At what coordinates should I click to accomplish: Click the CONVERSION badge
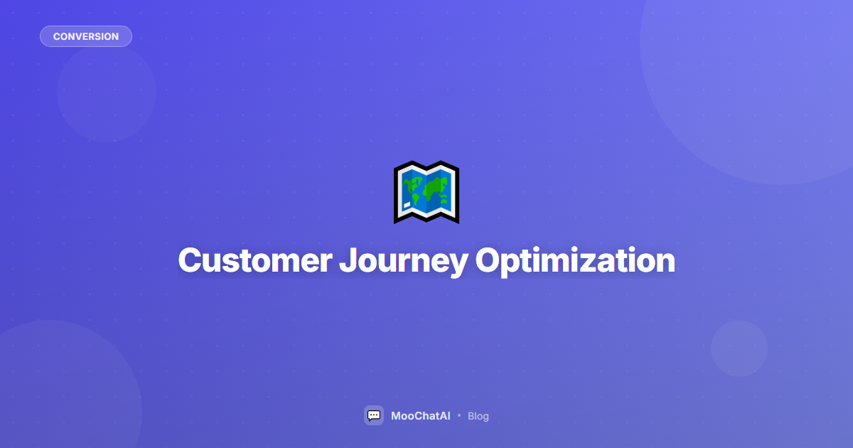(x=86, y=36)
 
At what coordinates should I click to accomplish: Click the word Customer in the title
(x=254, y=260)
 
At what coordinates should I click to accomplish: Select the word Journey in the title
(x=403, y=262)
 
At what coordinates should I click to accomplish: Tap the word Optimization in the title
(x=575, y=262)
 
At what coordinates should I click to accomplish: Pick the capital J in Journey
(x=346, y=260)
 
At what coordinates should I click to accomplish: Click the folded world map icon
(x=426, y=192)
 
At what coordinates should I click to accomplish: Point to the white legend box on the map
(x=407, y=206)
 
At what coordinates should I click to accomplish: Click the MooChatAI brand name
(x=421, y=416)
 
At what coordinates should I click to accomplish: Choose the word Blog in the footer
(x=478, y=416)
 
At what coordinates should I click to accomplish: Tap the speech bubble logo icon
(x=374, y=415)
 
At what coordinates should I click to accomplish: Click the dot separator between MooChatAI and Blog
(x=459, y=415)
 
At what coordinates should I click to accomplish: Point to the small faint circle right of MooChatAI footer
(x=739, y=348)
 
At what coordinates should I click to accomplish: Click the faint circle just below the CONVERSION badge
(x=107, y=92)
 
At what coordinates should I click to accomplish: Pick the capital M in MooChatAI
(x=397, y=416)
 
